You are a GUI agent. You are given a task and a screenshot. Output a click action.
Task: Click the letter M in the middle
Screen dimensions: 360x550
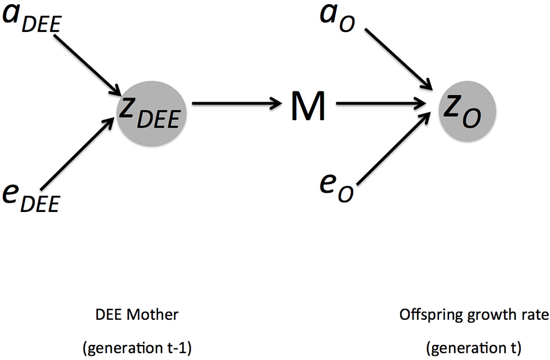[x=307, y=106]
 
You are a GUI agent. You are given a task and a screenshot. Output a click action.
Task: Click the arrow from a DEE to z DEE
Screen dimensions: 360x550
[x=87, y=63]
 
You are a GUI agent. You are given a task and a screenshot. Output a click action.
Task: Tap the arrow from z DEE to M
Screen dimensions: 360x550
[x=235, y=105]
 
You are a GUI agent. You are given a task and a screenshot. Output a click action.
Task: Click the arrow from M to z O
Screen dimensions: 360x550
[x=380, y=105]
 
